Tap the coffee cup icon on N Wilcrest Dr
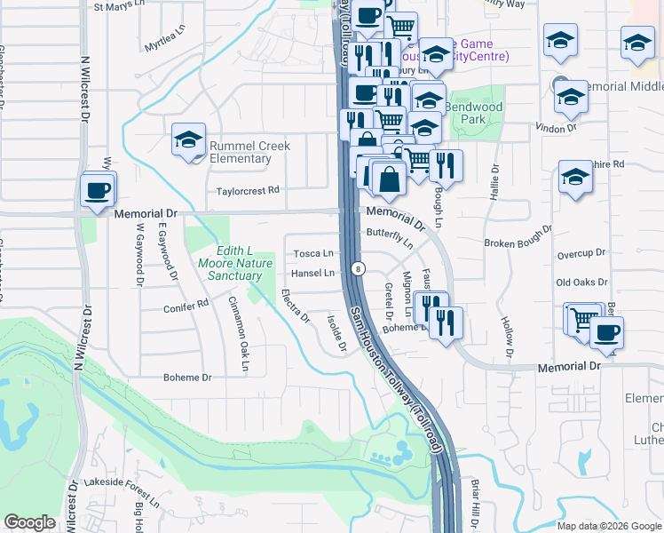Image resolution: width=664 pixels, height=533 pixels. pos(97,189)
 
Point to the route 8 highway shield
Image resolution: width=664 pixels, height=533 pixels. pos(357,267)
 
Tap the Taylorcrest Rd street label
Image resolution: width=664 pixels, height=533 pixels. pos(248,190)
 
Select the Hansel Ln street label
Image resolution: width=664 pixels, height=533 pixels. pos(313,273)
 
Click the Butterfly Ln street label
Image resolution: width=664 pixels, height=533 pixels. pos(390,236)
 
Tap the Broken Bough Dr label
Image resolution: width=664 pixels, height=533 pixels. pos(518,243)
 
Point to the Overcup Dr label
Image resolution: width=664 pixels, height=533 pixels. pos(581,254)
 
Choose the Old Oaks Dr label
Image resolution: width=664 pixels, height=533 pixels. pos(581,282)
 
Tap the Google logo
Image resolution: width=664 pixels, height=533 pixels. pos(29,522)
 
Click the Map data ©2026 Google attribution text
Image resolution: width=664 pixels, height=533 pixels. pos(608,526)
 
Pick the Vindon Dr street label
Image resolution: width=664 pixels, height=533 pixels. pos(558,129)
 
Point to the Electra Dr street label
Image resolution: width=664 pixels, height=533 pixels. pos(296,305)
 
